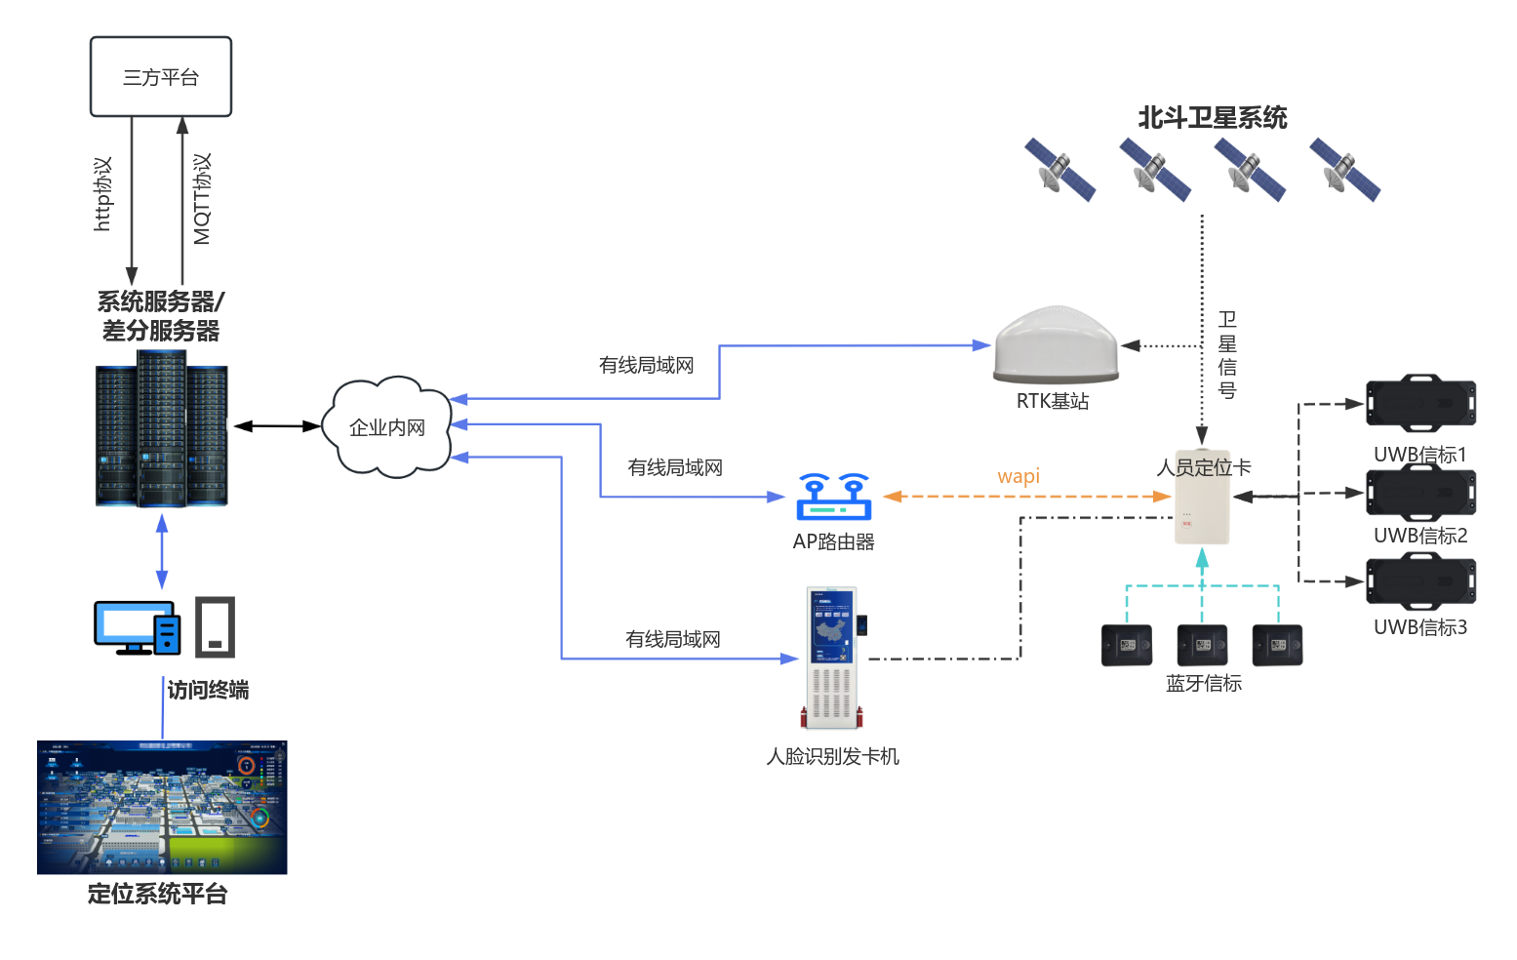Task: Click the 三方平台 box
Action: pos(161,77)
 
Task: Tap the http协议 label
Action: pos(102,194)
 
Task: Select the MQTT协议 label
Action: pos(202,199)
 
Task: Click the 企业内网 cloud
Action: pos(388,427)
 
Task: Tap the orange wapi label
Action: pos(1018,476)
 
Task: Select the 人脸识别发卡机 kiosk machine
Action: pos(832,658)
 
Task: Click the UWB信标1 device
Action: pos(1420,403)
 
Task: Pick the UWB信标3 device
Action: pos(1420,581)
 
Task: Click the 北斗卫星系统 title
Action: pos(1212,118)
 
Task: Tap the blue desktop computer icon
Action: pos(137,627)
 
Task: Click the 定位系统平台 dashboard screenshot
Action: pos(162,808)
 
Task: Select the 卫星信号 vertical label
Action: pos(1227,355)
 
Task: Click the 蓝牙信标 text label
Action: pos(1204,684)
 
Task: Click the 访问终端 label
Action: pos(208,691)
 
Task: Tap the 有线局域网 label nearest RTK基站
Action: pos(646,366)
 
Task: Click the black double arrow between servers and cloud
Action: pos(277,426)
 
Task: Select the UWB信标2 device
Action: pos(1420,493)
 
